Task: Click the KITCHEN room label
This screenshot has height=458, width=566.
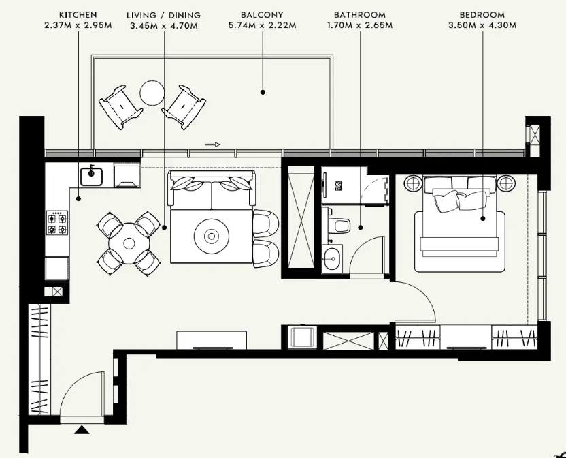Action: tap(78, 14)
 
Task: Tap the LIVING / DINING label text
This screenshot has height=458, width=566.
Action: tap(165, 14)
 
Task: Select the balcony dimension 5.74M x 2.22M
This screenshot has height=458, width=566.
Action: tap(262, 26)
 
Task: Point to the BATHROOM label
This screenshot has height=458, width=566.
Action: tap(360, 14)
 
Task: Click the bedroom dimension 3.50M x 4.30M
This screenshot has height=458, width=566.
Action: tap(482, 26)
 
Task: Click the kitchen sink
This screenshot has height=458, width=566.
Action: tap(90, 177)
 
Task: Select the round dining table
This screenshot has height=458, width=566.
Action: tap(127, 242)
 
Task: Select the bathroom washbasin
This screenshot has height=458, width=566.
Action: tap(333, 258)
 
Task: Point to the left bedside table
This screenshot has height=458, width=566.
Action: tap(413, 183)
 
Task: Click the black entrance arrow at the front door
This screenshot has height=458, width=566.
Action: tap(82, 429)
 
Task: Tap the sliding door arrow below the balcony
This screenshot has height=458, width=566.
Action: tap(213, 144)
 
